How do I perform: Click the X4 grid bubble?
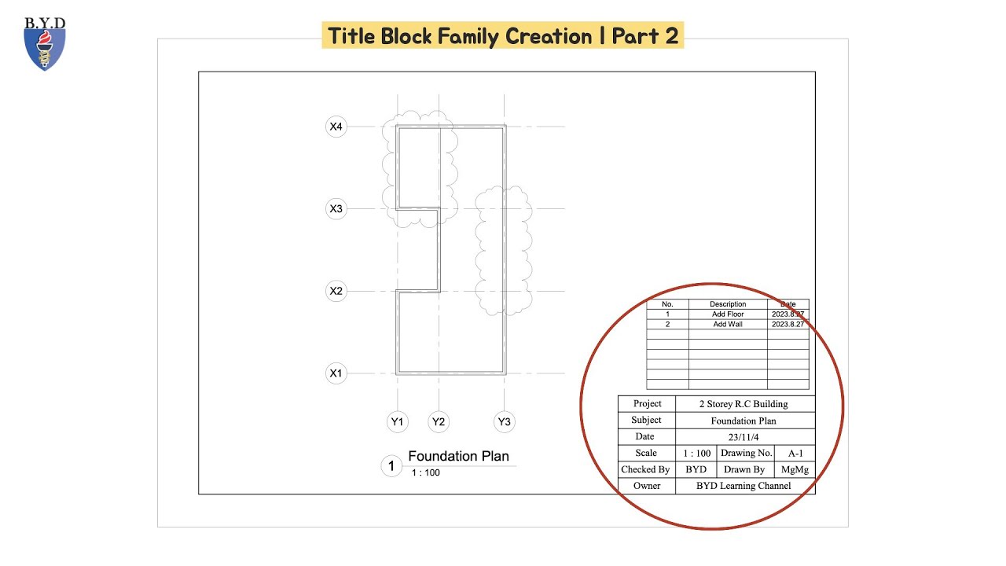(x=336, y=127)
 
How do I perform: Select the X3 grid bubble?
(x=336, y=209)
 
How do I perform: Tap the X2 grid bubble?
(x=336, y=292)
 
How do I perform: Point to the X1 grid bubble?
(x=336, y=373)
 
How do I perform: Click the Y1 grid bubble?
(x=398, y=422)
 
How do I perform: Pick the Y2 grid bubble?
(x=439, y=422)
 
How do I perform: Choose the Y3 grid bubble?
(x=505, y=422)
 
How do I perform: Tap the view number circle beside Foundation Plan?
(x=391, y=466)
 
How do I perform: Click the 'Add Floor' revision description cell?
(x=728, y=314)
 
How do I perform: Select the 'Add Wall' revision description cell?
(x=728, y=324)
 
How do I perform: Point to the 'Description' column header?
(x=728, y=304)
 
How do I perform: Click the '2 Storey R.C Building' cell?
(x=743, y=404)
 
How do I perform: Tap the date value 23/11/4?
(x=743, y=437)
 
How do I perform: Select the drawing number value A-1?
(x=795, y=454)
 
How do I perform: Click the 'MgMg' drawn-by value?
(x=795, y=470)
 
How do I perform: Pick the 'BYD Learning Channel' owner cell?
(x=743, y=486)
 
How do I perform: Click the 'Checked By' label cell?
(x=645, y=470)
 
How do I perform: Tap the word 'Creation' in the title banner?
(x=549, y=36)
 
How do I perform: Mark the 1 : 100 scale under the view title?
(x=426, y=473)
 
